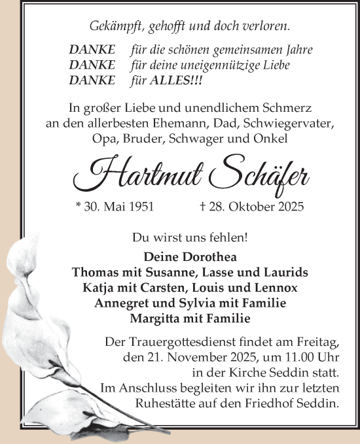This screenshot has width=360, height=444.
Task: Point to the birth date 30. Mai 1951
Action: click(x=115, y=207)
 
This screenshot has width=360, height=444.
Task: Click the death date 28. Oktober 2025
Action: click(x=251, y=207)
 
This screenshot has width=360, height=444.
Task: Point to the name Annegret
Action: click(x=121, y=303)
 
